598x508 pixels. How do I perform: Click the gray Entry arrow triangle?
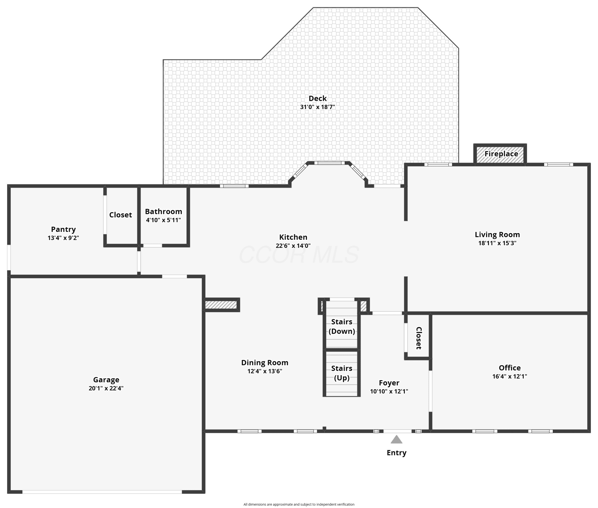pos(396,439)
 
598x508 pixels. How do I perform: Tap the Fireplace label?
pos(501,154)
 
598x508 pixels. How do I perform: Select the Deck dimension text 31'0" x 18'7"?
pos(318,107)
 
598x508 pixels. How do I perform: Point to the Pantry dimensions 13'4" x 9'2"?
pos(63,238)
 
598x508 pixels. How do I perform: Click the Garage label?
pos(106,380)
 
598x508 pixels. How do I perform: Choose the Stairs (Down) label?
pos(342,326)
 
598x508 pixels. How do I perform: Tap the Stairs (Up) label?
pos(342,373)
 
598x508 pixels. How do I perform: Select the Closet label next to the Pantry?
pos(120,215)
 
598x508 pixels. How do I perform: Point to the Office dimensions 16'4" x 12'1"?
pos(510,376)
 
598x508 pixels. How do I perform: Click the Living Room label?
pos(497,234)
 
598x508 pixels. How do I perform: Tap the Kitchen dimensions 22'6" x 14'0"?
pos(293,246)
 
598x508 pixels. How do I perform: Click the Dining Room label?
pos(265,363)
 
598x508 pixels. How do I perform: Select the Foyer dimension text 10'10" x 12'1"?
pos(389,391)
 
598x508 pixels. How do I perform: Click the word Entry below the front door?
pos(396,453)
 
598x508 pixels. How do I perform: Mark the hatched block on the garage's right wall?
pos(221,305)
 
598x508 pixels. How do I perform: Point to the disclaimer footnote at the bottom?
pos(299,504)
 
